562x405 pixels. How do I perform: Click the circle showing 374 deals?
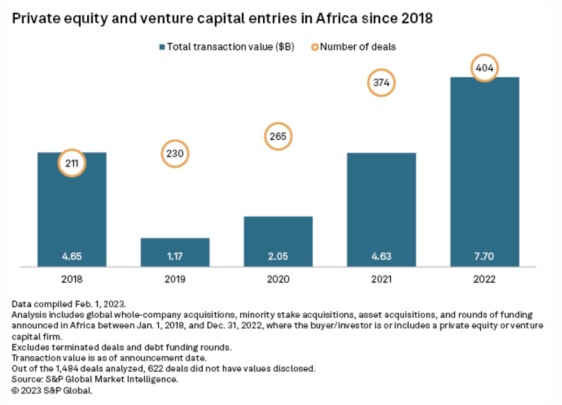pyautogui.click(x=381, y=83)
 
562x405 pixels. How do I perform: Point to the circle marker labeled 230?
pyautogui.click(x=175, y=153)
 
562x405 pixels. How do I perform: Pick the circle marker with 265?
pyautogui.click(x=278, y=137)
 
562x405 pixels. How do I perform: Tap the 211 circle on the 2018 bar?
pyautogui.click(x=72, y=164)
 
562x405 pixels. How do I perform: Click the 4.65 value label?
pyautogui.click(x=72, y=257)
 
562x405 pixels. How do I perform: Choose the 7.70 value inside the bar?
pyautogui.click(x=485, y=257)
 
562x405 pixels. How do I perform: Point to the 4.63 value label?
pyautogui.click(x=381, y=257)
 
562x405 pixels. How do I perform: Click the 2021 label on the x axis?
pyautogui.click(x=381, y=279)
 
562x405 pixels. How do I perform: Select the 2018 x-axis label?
pyautogui.click(x=72, y=279)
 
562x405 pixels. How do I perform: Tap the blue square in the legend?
pyautogui.click(x=162, y=47)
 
